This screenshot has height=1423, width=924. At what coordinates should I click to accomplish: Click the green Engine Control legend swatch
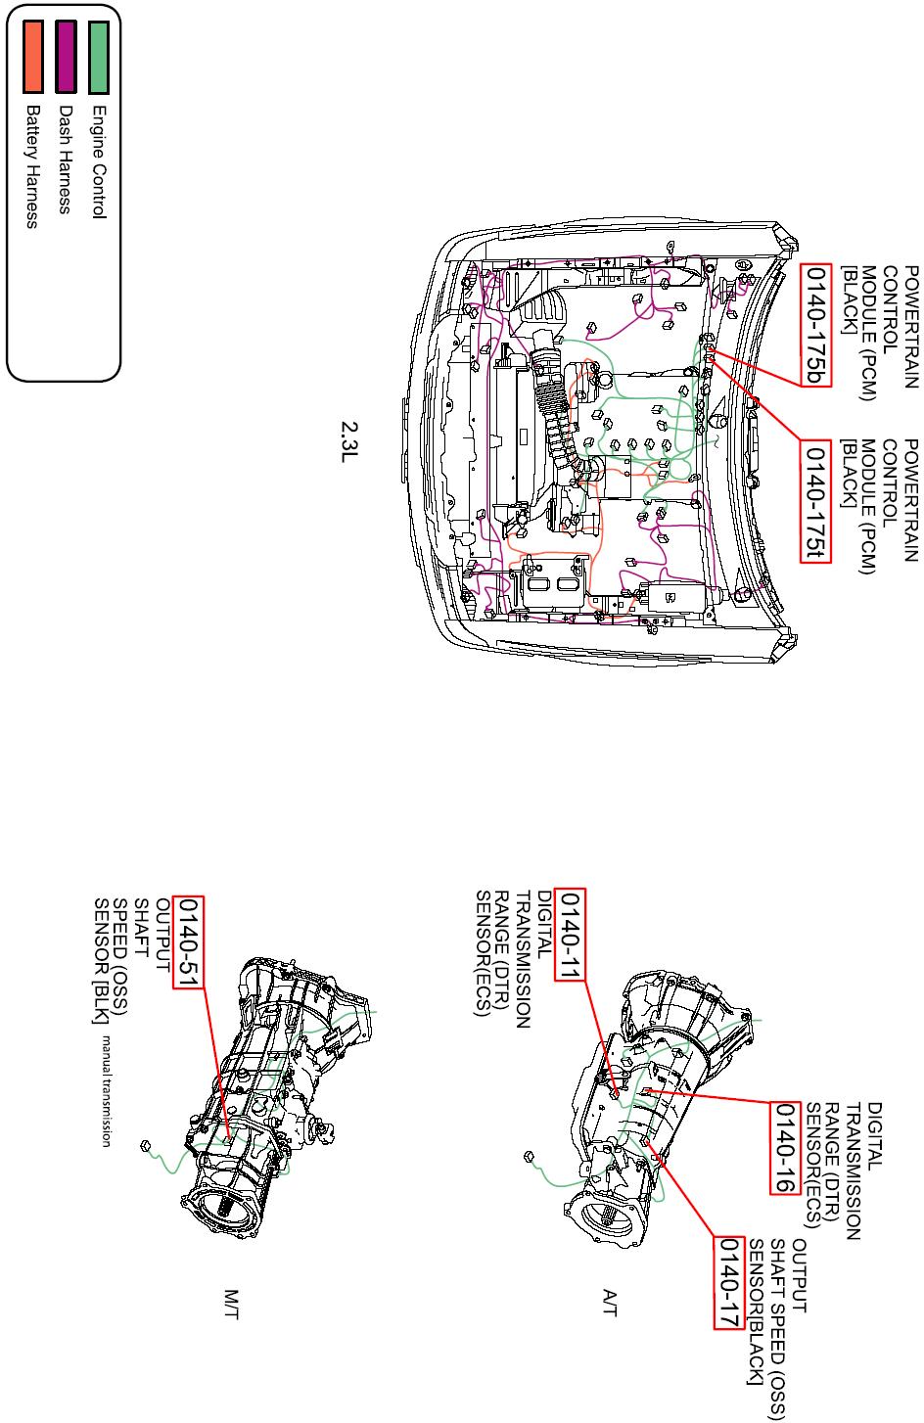[99, 57]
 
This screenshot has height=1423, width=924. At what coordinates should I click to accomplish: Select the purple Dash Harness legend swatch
[67, 57]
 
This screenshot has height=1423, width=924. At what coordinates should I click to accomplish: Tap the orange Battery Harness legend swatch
[33, 57]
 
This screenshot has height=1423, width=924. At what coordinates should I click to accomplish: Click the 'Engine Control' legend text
[99, 162]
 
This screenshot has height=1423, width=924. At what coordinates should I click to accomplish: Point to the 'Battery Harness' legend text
[32, 166]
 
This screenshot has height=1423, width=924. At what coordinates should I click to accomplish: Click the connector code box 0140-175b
[815, 325]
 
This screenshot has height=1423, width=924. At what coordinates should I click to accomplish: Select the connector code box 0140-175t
[815, 501]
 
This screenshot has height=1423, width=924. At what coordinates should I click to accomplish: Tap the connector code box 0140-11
[570, 935]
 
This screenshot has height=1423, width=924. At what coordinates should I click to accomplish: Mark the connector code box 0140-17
[728, 1283]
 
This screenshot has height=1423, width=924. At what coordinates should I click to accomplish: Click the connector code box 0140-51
[188, 942]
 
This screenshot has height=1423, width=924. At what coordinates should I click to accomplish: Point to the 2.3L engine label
[349, 441]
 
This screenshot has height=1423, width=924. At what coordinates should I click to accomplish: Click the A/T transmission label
[610, 1303]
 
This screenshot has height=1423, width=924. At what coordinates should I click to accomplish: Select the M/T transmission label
[232, 1305]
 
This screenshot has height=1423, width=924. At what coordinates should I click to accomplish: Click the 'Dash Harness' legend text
[66, 160]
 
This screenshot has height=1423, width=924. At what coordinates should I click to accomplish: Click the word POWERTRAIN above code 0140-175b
[910, 327]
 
